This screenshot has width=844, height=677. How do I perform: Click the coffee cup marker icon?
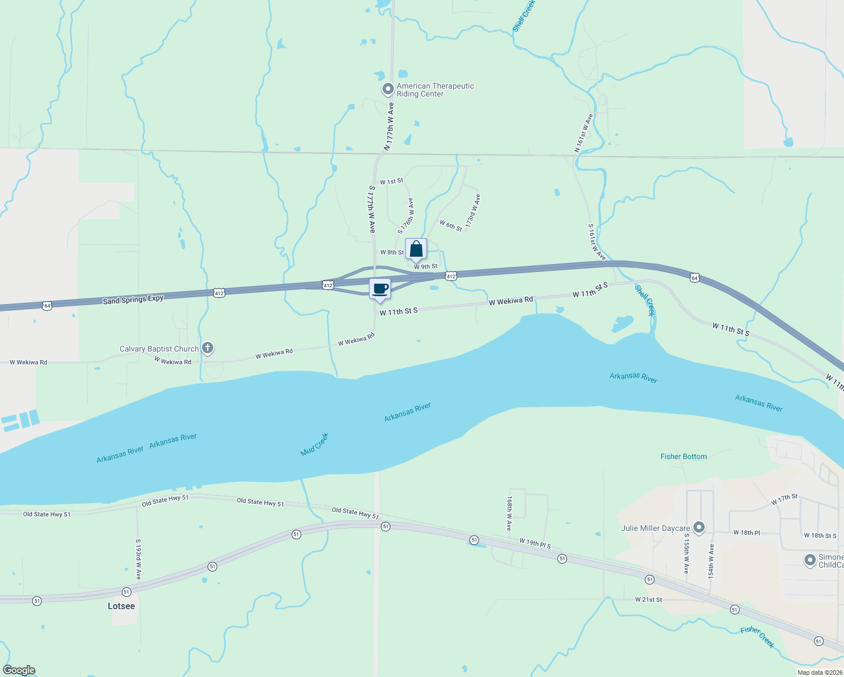point(380,289)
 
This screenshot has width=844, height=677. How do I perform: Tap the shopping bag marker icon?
point(416,249)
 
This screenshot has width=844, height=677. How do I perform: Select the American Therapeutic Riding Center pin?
point(388,89)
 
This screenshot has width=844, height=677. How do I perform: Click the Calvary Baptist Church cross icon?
point(208,348)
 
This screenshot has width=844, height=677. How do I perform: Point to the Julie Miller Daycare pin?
point(699,528)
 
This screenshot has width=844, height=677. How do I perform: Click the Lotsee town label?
point(121,606)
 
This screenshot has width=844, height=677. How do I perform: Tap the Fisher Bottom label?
point(683,456)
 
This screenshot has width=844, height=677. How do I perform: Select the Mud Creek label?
point(314,445)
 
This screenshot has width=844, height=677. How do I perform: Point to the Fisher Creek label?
point(757,637)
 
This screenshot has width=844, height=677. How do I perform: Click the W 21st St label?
point(648,600)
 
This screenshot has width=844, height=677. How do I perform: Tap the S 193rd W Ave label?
point(138,559)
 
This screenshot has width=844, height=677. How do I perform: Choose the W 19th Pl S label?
point(535,543)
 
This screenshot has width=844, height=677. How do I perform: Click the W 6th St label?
point(451,226)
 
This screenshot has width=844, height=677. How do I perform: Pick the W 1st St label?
point(392,182)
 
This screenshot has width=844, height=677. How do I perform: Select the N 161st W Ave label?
point(584,133)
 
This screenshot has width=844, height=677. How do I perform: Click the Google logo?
point(19,670)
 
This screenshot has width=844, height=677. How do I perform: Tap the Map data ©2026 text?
point(820,672)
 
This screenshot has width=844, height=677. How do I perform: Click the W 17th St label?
point(784,499)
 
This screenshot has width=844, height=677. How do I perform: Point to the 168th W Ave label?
point(509,513)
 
